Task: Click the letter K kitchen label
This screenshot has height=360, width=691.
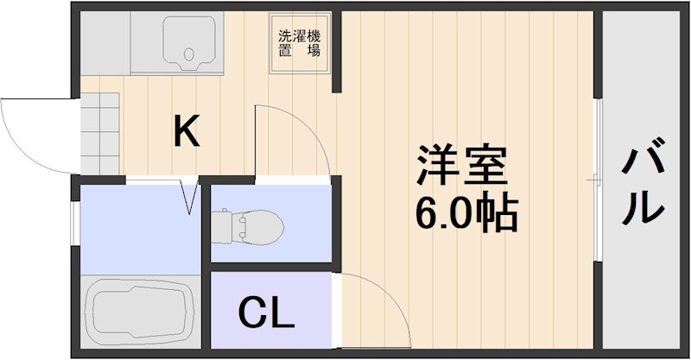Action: [x=187, y=132]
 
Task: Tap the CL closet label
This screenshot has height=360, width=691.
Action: [x=266, y=313]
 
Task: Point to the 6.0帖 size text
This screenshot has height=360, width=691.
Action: [x=466, y=212]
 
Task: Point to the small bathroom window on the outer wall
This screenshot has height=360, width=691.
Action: [x=74, y=224]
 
